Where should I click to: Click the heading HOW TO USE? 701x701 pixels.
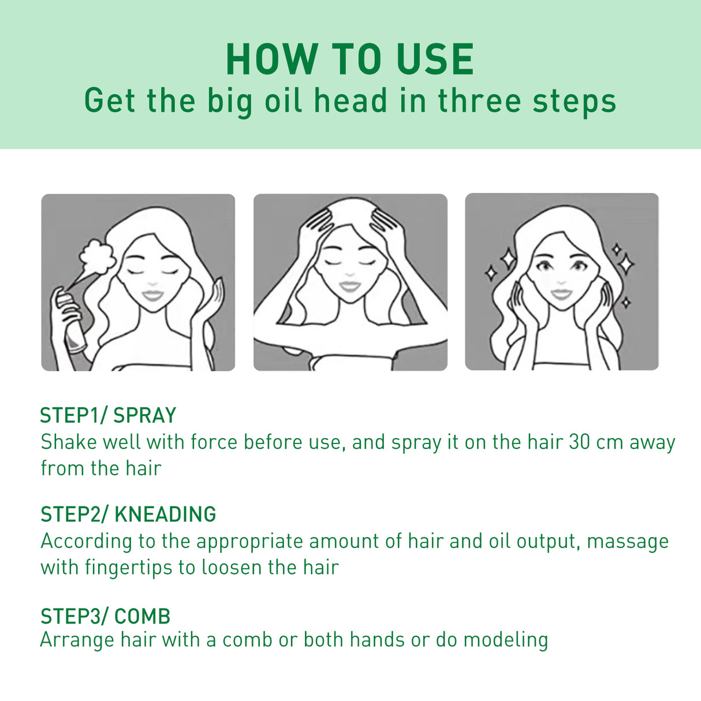point(350,59)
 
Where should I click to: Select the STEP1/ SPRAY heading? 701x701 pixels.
point(108,415)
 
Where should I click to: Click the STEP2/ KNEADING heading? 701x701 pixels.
point(128,514)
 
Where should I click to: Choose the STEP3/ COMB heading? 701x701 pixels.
point(105,616)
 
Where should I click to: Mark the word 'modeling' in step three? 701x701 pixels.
point(506,640)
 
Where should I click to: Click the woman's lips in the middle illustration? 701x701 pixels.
point(349,286)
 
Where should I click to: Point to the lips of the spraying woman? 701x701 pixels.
point(152,295)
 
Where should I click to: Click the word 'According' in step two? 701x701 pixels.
point(87,541)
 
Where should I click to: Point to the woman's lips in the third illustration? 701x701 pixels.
point(561,294)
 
